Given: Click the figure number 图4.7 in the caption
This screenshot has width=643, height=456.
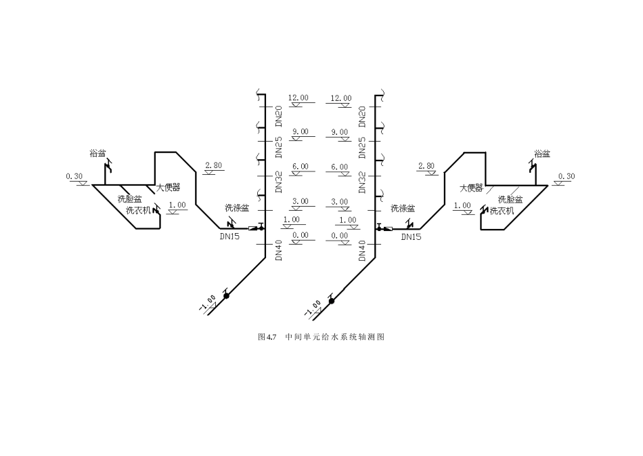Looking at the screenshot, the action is pyautogui.click(x=269, y=336).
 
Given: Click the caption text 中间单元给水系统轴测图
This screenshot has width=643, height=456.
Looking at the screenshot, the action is pyautogui.click(x=335, y=336).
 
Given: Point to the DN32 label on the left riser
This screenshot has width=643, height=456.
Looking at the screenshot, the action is pyautogui.click(x=279, y=182).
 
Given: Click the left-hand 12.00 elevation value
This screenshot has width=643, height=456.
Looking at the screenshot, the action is pyautogui.click(x=298, y=98).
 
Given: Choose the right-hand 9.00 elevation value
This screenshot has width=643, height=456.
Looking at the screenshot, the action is pyautogui.click(x=339, y=131).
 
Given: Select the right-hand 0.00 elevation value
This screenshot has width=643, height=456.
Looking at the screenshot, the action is pyautogui.click(x=339, y=235).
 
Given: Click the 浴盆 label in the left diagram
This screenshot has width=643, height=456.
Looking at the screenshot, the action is pyautogui.click(x=97, y=154).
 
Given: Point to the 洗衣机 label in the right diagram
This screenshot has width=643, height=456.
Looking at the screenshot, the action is pyautogui.click(x=502, y=210).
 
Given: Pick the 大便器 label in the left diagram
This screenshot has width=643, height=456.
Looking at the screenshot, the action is pyautogui.click(x=169, y=187).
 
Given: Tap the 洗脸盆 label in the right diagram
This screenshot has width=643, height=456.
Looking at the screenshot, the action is pyautogui.click(x=510, y=199).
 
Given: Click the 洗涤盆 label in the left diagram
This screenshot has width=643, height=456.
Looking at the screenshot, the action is pyautogui.click(x=237, y=208).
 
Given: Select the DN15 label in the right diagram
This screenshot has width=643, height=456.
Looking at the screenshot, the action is pyautogui.click(x=411, y=237).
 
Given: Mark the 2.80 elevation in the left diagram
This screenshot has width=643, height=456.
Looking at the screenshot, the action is pyautogui.click(x=213, y=165).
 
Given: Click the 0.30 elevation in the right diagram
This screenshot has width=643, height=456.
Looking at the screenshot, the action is pyautogui.click(x=567, y=176).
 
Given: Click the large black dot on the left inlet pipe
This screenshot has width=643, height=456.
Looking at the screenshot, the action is pyautogui.click(x=227, y=295).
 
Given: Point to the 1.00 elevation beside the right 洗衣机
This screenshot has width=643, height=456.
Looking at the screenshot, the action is pyautogui.click(x=462, y=205).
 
